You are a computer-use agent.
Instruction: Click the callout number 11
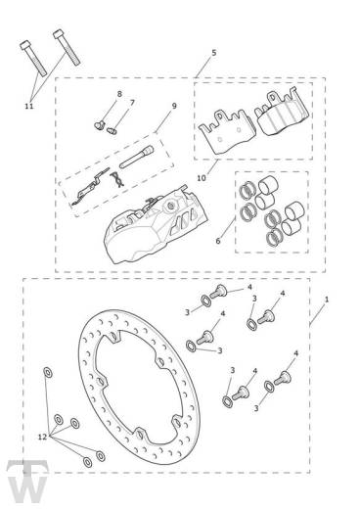pyautogui.click(x=29, y=106)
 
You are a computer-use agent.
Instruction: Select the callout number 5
pyautogui.click(x=214, y=53)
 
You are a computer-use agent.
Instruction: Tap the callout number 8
pyautogui.click(x=119, y=94)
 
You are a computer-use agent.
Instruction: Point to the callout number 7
pyautogui.click(x=132, y=103)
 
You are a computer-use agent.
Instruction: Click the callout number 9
pyautogui.click(x=174, y=106)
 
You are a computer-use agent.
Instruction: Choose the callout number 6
pyautogui.click(x=218, y=241)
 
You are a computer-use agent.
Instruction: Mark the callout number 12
pyautogui.click(x=43, y=437)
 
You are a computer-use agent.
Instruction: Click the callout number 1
pyautogui.click(x=327, y=300)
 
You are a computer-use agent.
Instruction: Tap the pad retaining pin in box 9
pyautogui.click(x=136, y=157)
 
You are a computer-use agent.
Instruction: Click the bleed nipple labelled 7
pyautogui.click(x=112, y=131)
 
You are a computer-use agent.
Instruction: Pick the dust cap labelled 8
pyautogui.click(x=99, y=124)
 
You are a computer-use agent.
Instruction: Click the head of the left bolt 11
pyautogui.click(x=25, y=45)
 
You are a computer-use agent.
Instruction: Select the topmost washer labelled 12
pyautogui.click(x=47, y=372)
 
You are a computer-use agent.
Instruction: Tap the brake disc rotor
pyautogui.click(x=139, y=387)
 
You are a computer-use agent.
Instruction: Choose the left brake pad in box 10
pyautogui.click(x=227, y=130)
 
